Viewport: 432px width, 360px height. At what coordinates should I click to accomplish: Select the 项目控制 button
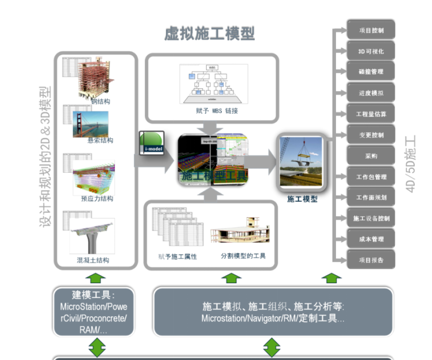371,30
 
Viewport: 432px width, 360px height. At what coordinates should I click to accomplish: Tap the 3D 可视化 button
371,51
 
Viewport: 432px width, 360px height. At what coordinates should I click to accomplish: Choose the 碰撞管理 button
371,72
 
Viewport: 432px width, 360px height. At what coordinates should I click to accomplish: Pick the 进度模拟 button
371,93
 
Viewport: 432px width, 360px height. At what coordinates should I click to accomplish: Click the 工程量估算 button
371,114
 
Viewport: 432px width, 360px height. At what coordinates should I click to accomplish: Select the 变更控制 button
371,135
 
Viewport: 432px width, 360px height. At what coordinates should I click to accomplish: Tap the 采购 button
371,155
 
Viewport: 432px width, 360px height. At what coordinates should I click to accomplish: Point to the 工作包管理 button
371,177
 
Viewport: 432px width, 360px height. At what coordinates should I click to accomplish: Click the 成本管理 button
371,239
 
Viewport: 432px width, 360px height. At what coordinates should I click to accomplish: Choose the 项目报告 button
371,260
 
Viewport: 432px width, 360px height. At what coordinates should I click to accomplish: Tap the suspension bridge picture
90,124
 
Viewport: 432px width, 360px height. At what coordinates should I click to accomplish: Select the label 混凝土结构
93,260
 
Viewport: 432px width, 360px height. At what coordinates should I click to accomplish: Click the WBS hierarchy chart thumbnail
213,84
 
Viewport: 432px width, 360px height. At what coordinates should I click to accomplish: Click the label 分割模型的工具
243,256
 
